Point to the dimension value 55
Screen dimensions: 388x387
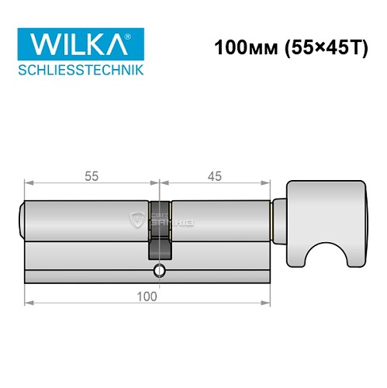(x=91, y=176)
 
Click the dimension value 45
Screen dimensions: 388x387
(x=215, y=176)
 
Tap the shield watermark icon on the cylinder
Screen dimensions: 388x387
(x=138, y=219)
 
